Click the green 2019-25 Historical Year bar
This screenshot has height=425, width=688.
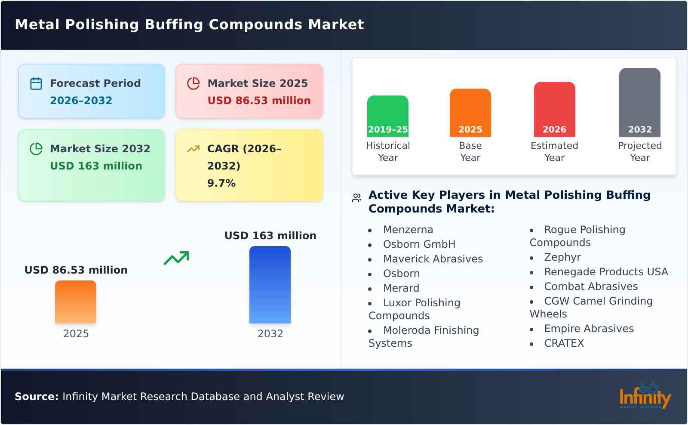[x=387, y=116]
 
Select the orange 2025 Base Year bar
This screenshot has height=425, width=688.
[x=470, y=112]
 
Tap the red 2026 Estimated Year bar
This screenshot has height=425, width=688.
[x=554, y=109]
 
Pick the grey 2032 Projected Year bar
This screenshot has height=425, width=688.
[x=639, y=102]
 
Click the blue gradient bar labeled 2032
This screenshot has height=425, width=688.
[x=270, y=284]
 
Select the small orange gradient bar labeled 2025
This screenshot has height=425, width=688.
[x=76, y=302]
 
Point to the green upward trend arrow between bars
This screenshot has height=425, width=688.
[x=176, y=258]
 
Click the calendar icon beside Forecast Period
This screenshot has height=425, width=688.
[x=36, y=83]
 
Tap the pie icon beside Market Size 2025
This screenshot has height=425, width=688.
[x=193, y=83]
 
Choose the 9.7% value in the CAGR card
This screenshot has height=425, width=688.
[x=221, y=183]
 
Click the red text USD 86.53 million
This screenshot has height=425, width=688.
[x=259, y=101]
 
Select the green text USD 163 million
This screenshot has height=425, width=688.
[x=96, y=166]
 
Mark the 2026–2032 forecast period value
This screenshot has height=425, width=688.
[x=81, y=101]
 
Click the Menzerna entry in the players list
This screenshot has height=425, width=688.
[x=408, y=230]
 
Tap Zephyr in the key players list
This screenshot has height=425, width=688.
[x=562, y=257]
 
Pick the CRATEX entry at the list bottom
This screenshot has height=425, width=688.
[x=564, y=343]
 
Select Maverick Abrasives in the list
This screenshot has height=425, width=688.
[x=433, y=259]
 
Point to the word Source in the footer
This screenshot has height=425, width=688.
[x=36, y=397]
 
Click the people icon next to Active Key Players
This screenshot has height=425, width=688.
[x=356, y=198]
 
